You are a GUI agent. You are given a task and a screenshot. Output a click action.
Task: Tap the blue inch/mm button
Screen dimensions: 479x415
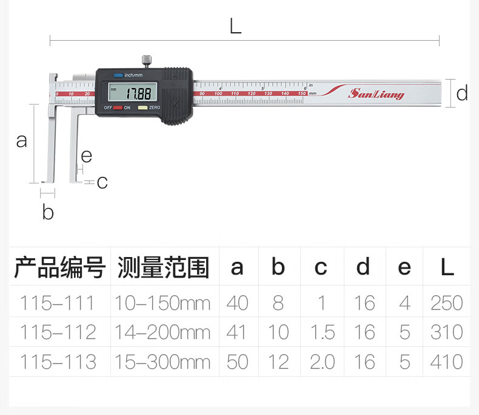click(118, 75)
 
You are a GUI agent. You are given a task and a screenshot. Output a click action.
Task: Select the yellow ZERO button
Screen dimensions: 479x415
click(142, 108)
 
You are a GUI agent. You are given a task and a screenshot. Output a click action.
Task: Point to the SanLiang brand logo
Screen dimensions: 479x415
click(376, 94)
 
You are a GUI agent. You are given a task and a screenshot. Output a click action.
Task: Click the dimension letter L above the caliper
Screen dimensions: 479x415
click(235, 26)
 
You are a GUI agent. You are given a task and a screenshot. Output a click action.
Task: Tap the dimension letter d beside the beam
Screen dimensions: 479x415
click(462, 94)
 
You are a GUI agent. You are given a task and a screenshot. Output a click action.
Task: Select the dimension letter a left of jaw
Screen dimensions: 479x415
click(22, 141)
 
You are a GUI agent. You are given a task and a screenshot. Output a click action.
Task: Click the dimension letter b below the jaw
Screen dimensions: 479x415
click(48, 213)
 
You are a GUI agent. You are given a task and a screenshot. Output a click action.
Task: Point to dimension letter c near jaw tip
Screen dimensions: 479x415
click(102, 182)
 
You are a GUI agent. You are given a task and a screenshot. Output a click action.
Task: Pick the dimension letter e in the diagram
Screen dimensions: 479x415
click(86, 156)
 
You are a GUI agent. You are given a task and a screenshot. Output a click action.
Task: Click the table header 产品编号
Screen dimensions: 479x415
click(60, 267)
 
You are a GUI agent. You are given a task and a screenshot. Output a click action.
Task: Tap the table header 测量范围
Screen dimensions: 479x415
click(164, 267)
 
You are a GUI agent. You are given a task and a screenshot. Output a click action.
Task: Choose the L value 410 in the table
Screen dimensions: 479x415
click(446, 362)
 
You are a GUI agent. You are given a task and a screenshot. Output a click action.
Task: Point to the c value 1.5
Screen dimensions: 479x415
click(321, 332)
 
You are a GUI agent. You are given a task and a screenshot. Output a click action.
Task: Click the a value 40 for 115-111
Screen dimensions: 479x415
click(237, 303)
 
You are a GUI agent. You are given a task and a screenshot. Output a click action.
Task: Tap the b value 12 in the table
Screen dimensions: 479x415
click(278, 362)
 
